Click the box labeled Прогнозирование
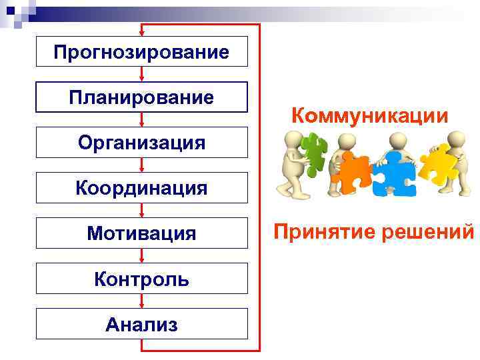(141, 51)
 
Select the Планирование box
(141, 97)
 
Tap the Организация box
(141, 142)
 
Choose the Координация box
(141, 187)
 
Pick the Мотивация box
(141, 233)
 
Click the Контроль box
(141, 278)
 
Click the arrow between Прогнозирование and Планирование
(142, 74)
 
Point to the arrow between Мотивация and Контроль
(142, 255)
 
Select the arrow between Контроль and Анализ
(142, 301)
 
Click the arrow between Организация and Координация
(142, 165)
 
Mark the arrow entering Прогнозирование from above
(142, 31)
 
